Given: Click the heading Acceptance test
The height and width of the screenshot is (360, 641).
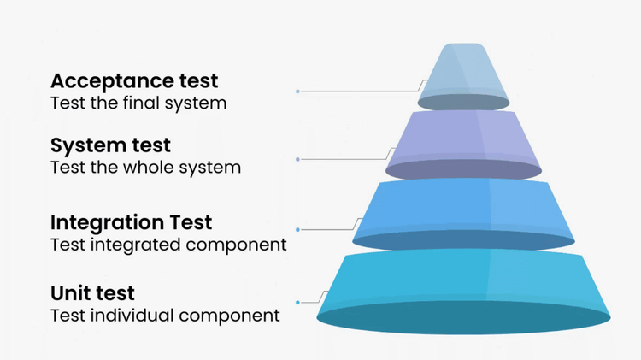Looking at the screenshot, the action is pos(134,81).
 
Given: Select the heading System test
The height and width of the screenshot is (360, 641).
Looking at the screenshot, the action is pos(110,145).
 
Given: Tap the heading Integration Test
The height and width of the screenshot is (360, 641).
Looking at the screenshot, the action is pos(131,222).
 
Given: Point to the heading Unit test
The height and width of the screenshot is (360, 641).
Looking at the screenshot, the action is pos(92,294).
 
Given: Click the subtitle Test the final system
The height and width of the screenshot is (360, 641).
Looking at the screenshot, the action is pos(138,103).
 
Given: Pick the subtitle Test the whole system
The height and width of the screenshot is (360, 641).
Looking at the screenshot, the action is pos(145,167).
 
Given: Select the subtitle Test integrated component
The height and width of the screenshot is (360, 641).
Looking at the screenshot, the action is pos(168,245).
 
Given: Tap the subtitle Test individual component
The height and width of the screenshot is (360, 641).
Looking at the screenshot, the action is pos(165,316).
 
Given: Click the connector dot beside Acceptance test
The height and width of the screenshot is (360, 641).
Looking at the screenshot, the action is pos(297,91).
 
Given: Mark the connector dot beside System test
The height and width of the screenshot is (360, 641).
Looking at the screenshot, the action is pos(297,159).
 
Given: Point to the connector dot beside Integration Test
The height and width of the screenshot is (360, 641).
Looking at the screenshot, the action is pos(297,229).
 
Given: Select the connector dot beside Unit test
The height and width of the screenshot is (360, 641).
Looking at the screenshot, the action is pos(297,302).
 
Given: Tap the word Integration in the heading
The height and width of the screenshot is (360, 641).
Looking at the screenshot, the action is pos(107,222).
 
